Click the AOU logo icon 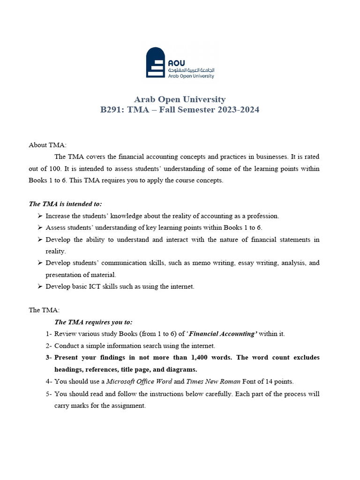point(156,62)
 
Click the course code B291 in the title point(112,110)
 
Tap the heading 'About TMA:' point(48,145)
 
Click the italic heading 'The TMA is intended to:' point(65,204)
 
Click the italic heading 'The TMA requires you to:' point(93,322)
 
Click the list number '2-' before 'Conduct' point(49,346)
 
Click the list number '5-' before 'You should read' point(49,394)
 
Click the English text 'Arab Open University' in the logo point(191,76)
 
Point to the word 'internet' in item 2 point(203,346)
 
